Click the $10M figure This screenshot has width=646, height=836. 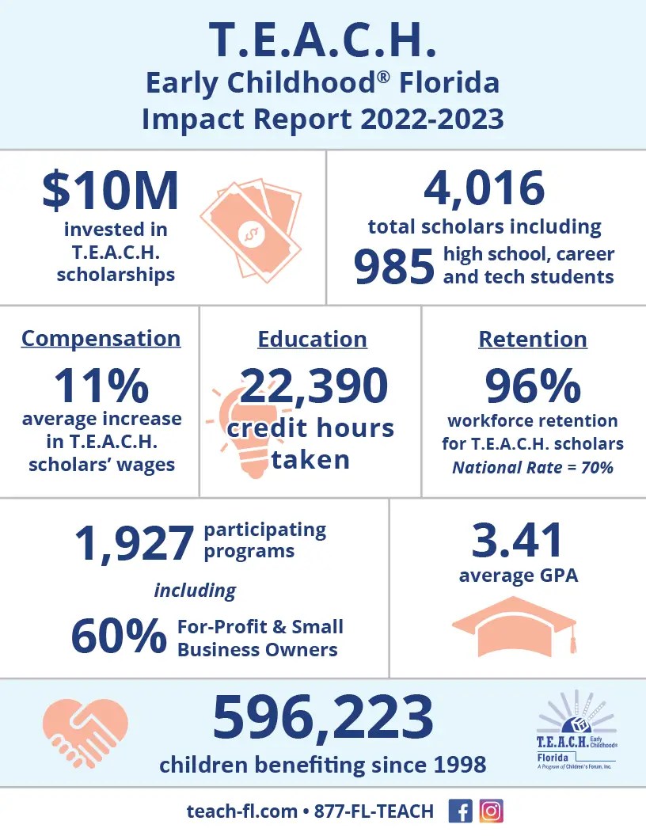coord(110,192)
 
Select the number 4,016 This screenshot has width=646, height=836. coord(484,188)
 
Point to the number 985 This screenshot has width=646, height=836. coord(394,267)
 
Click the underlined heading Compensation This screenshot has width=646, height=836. coord(101,339)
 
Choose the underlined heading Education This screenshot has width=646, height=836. coord(312,340)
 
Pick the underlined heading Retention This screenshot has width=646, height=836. coord(533,340)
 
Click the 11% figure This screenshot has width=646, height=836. coord(101,386)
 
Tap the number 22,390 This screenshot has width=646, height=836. coord(313,386)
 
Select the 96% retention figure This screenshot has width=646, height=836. coord(533,386)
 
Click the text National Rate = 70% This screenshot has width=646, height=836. coord(533,467)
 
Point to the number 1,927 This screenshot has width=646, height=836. coord(134,543)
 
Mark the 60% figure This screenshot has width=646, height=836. coord(119,638)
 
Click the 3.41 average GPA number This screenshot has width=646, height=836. coord(518,540)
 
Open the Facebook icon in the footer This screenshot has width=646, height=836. coord(459,811)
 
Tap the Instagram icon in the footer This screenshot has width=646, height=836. coord(492,811)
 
